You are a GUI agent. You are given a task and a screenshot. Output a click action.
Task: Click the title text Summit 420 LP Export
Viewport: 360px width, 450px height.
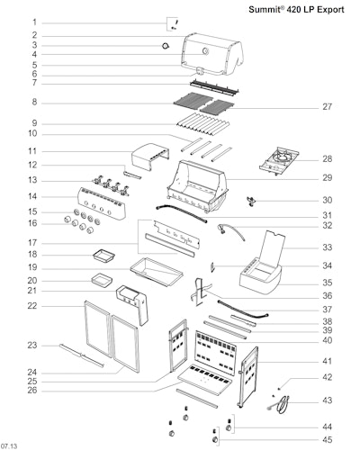point(296,10)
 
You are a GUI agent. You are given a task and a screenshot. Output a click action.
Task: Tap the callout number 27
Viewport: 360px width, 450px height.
point(327,107)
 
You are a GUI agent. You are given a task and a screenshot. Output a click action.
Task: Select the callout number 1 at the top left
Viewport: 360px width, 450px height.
point(34,22)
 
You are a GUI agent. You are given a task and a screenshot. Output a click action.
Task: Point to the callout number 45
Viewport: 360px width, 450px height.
point(327,440)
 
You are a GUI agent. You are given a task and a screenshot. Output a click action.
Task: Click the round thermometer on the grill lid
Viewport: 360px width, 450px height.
point(205,51)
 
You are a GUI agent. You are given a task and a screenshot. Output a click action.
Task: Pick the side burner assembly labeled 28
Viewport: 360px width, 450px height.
point(279,161)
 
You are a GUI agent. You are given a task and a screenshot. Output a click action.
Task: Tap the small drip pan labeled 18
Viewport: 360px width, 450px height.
point(103,256)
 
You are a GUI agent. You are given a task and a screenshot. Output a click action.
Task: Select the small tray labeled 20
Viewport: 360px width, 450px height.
point(102,281)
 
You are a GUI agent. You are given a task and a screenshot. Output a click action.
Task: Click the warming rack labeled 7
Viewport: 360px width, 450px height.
point(214,87)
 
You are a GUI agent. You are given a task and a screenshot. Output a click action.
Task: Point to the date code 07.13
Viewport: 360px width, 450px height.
point(9,445)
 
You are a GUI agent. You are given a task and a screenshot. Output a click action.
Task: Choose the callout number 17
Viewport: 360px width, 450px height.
point(32,243)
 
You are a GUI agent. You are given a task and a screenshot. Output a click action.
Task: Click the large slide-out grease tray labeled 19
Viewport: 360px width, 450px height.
point(157,273)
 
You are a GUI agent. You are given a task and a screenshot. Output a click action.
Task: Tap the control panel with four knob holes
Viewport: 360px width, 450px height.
point(102,203)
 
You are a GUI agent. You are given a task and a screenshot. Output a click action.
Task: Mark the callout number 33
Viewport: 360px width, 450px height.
point(328,247)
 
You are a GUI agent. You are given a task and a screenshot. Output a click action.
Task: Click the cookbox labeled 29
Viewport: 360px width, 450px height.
point(197,186)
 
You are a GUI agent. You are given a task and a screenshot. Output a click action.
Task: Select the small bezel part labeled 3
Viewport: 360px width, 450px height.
point(166,46)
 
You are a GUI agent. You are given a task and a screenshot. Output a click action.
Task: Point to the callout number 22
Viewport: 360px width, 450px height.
point(32,306)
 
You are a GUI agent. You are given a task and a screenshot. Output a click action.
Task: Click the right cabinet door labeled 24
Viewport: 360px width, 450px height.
point(125,344)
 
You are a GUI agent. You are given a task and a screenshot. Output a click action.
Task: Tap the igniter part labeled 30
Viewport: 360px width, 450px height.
point(251,201)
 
